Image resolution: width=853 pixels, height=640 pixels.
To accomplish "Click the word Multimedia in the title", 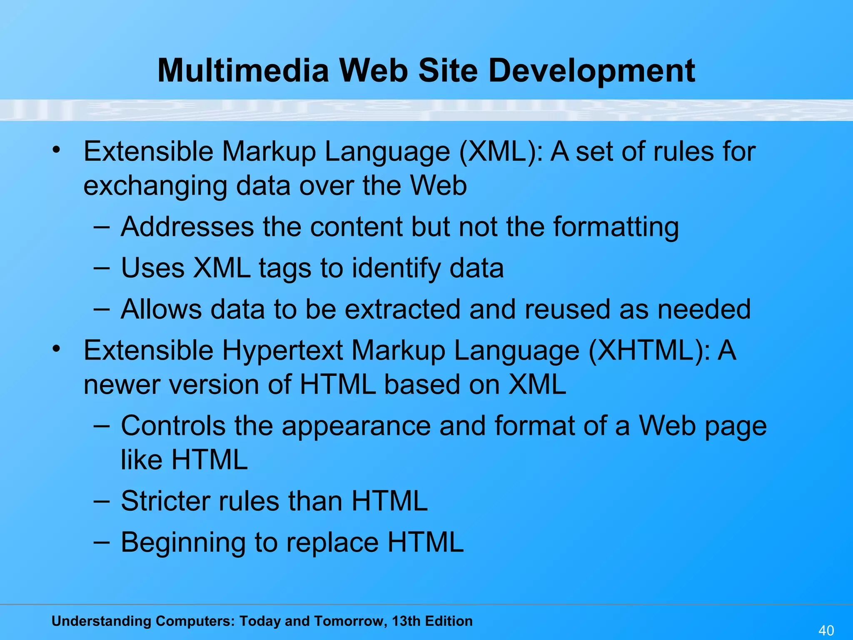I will (243, 70).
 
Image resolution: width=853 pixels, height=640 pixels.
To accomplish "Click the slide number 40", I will (826, 630).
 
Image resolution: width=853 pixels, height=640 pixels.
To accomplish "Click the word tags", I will (285, 269).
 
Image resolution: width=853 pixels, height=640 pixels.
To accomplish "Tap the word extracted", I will (402, 309).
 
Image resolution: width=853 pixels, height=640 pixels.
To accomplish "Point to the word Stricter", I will (166, 500).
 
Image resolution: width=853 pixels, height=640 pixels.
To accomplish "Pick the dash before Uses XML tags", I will (102, 268).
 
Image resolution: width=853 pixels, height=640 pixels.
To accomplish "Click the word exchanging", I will (155, 186).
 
